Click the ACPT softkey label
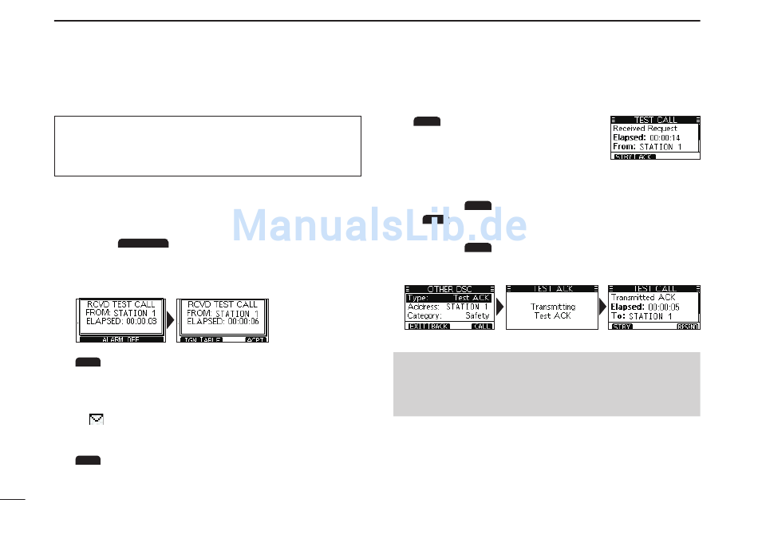[255, 339]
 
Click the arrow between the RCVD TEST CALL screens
[170, 319]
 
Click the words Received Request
[645, 128]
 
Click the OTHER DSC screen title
[451, 289]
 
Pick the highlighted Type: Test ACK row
[450, 298]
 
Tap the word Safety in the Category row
[477, 315]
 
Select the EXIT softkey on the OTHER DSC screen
[417, 327]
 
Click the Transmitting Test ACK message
[552, 311]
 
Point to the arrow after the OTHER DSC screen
[500, 307]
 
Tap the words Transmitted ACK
[643, 297]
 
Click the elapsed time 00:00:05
[664, 307]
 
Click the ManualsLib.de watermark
[379, 226]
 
